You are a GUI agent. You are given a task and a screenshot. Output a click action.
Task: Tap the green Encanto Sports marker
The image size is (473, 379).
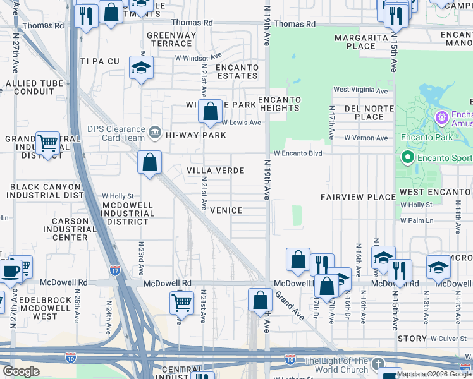pyautogui.click(x=408, y=157)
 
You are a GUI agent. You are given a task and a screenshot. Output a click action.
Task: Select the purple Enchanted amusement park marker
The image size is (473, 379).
pyautogui.click(x=441, y=117)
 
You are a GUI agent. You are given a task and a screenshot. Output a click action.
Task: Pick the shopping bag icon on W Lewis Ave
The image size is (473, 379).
pyautogui.click(x=209, y=112)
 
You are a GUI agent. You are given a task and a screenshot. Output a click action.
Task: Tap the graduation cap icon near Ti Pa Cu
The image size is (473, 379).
pyautogui.click(x=141, y=68)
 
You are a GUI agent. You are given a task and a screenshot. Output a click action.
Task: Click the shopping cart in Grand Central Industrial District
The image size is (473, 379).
pyautogui.click(x=47, y=144)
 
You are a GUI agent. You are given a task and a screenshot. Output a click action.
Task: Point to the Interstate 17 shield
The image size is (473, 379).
pyautogui.click(x=114, y=270)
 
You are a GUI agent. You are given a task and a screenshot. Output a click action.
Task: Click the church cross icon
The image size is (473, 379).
pyautogui.click(x=378, y=364)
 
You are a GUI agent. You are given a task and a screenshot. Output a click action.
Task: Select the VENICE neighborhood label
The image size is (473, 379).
pyautogui.click(x=226, y=210)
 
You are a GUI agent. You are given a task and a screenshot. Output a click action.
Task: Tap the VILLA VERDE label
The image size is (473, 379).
pyautogui.click(x=215, y=171)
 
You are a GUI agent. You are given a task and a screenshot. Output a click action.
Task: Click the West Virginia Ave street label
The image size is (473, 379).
pyautogui.click(x=360, y=90)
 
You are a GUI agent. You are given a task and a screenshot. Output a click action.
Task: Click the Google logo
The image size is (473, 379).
pyautogui.click(x=21, y=371)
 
